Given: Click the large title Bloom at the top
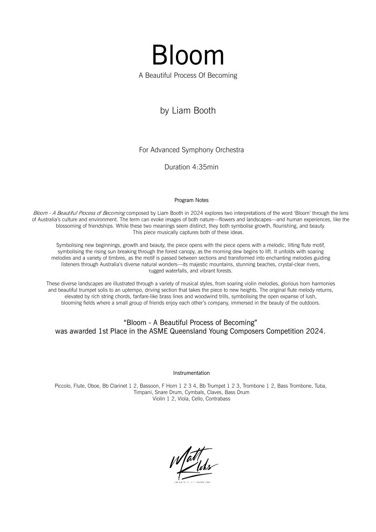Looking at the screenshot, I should [188, 55].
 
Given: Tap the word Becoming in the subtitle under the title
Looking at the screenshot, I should [221, 75].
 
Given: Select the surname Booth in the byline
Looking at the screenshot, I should [204, 110].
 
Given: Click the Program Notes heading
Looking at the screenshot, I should [191, 200].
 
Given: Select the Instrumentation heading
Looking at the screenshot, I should [191, 373].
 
